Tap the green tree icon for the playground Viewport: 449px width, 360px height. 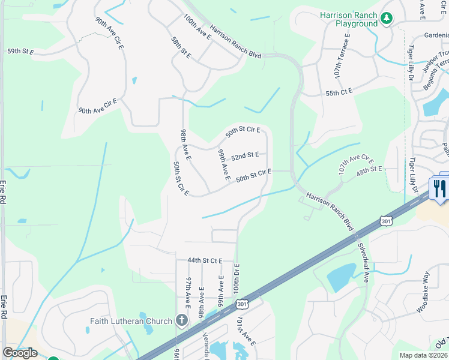point(387,19)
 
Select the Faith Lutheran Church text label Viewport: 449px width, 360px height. point(131,321)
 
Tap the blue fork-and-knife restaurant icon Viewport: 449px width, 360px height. point(439,188)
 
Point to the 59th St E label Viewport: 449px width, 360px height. point(20,52)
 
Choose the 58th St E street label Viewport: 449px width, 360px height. point(181,48)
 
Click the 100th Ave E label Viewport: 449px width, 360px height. point(197,27)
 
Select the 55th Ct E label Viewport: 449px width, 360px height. point(339,92)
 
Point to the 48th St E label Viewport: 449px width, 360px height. point(369,170)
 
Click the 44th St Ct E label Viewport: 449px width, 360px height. point(205,261)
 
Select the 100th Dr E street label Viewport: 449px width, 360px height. point(236,280)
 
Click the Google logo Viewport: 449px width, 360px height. point(20,353)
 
